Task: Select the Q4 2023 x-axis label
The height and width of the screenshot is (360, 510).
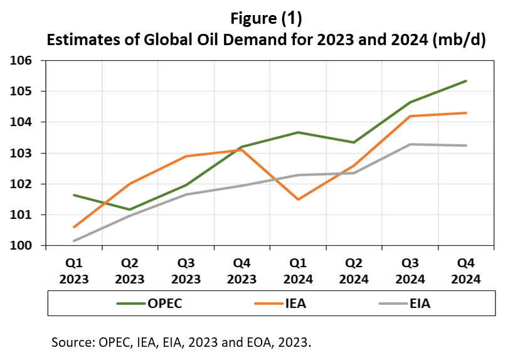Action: pos(242,272)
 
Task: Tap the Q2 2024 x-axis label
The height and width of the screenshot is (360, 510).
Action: pos(353,272)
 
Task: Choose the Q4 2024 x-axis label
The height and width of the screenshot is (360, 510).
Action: pos(465,272)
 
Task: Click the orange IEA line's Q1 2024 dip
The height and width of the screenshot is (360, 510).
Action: pos(297,199)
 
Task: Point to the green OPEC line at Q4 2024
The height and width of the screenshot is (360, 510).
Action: pos(465,81)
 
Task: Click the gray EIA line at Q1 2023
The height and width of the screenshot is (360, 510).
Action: pos(74,241)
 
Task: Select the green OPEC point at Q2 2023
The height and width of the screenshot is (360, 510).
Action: pos(130,209)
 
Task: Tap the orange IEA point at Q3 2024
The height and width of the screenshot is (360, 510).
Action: pos(409,116)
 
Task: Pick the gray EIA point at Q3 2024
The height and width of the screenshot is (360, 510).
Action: pos(409,144)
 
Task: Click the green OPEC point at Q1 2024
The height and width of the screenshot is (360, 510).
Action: pos(297,132)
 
